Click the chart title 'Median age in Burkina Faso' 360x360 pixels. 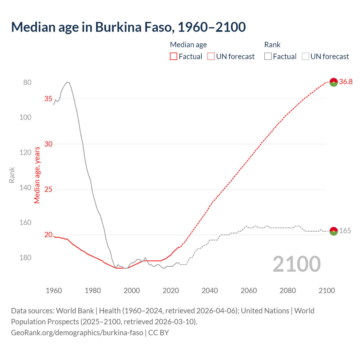(x=128, y=27)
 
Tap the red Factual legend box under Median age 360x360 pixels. (x=174, y=57)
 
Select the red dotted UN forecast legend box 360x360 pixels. (x=211, y=57)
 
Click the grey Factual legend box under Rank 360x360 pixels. (x=268, y=57)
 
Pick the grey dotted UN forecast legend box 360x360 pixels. (x=305, y=57)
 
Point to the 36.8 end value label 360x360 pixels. (x=346, y=82)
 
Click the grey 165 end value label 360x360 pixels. (x=345, y=231)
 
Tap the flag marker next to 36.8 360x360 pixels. (x=334, y=82)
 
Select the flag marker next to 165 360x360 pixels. (x=334, y=231)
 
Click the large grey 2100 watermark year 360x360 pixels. (x=297, y=264)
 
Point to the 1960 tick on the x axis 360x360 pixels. (x=54, y=291)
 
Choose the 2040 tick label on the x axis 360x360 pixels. (x=210, y=291)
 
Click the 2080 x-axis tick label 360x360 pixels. (x=288, y=291)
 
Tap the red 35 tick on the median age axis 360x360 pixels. (x=48, y=99)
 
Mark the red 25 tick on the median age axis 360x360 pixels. (x=48, y=189)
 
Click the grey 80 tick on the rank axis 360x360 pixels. (x=27, y=82)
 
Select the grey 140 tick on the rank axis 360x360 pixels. (x=25, y=188)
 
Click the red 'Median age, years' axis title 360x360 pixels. (x=37, y=175)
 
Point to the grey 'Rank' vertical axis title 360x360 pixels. (x=12, y=175)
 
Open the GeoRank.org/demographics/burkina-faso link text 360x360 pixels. (x=77, y=333)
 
